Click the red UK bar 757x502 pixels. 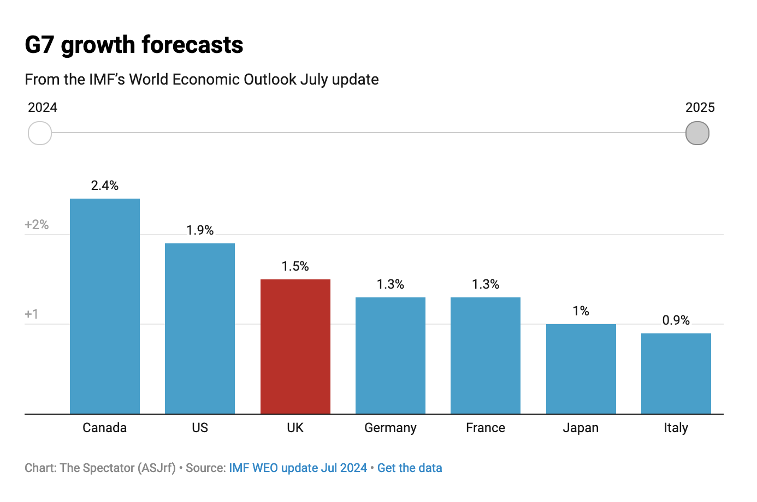(x=295, y=346)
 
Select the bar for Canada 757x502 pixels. (x=105, y=306)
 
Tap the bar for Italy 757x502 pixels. (x=676, y=374)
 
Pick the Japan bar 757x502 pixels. (x=581, y=369)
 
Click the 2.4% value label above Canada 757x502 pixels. (x=105, y=186)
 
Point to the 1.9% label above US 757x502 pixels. (x=200, y=230)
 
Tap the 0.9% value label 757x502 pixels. (x=676, y=320)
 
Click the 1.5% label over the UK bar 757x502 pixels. (x=295, y=266)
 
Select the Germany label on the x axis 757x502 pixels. (x=390, y=428)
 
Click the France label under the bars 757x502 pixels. (x=485, y=428)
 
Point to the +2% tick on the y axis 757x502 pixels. (x=37, y=225)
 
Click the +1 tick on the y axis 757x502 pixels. (x=32, y=314)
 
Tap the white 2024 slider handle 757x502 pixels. (x=40, y=133)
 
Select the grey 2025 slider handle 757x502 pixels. (x=697, y=133)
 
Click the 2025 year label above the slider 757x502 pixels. (x=700, y=107)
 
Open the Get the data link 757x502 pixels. (x=410, y=468)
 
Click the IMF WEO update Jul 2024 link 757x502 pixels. (x=298, y=468)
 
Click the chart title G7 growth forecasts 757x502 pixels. (x=134, y=45)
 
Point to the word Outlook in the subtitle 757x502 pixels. (x=270, y=80)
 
